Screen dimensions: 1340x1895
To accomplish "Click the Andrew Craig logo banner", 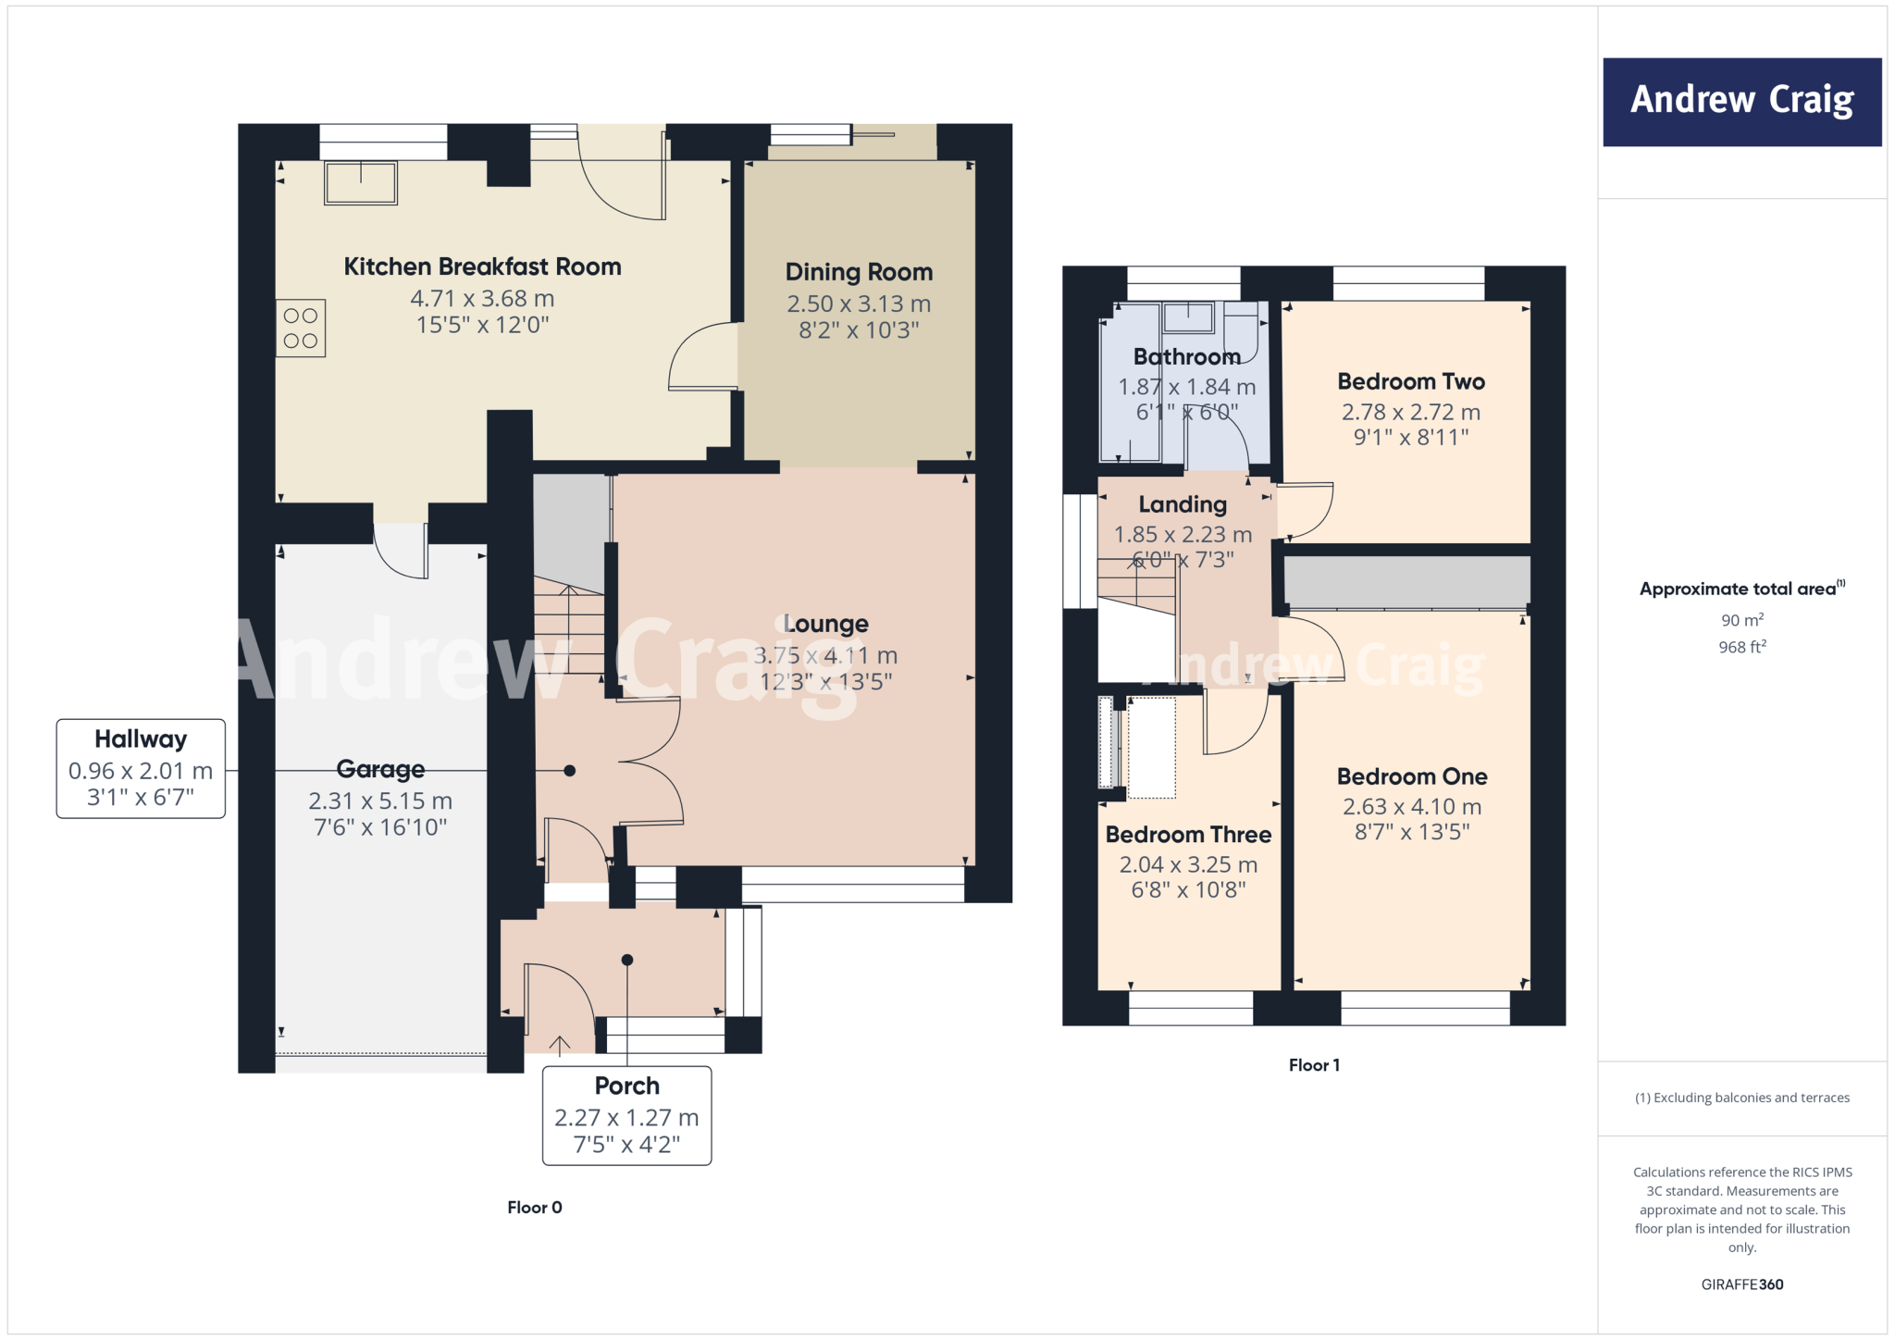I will click(x=1741, y=102).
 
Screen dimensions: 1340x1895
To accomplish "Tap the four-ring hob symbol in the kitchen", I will click(x=301, y=329).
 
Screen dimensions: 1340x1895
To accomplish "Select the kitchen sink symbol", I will click(x=361, y=182).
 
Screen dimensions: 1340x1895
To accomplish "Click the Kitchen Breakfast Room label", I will click(x=482, y=267).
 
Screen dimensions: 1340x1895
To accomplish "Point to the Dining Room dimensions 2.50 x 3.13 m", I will click(x=859, y=304).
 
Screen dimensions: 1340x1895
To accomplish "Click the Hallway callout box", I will click(x=141, y=768).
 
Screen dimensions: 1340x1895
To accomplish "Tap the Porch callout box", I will click(x=626, y=1115).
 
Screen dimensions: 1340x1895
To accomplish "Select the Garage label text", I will click(x=380, y=769).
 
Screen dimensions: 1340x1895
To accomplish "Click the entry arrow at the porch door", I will click(x=559, y=1046).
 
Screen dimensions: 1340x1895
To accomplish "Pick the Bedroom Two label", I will click(x=1411, y=381).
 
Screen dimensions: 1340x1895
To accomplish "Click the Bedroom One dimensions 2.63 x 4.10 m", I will click(x=1412, y=807).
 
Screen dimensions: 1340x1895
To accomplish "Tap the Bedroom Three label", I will click(x=1188, y=835).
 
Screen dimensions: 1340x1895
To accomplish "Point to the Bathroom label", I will click(x=1186, y=356).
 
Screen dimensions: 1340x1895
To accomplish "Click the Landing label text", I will click(x=1183, y=504).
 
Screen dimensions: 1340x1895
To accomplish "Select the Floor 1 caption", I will click(x=1314, y=1065).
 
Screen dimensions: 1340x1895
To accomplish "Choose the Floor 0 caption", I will click(x=534, y=1208).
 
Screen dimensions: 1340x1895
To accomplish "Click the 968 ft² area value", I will click(x=1741, y=647).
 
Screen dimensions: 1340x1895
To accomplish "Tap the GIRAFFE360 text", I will click(x=1741, y=1284).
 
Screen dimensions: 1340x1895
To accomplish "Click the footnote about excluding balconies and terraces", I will click(x=1741, y=1098).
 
